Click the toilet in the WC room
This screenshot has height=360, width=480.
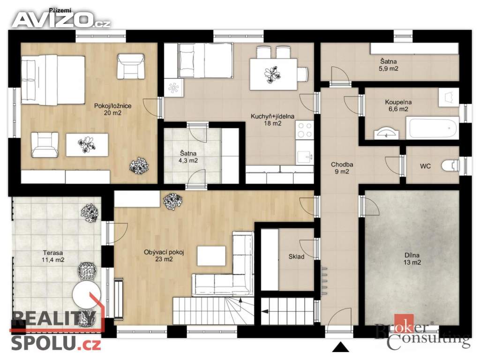(x=450, y=165)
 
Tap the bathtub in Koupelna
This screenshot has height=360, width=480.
(x=432, y=128)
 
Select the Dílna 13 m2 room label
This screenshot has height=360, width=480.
(x=412, y=259)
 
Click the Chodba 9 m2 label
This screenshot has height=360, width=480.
(x=342, y=168)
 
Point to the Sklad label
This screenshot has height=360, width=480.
(x=296, y=256)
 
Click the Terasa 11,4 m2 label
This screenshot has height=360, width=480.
(x=53, y=256)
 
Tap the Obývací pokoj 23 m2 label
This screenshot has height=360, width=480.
(x=164, y=255)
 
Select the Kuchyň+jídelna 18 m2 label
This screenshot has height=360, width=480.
(x=272, y=120)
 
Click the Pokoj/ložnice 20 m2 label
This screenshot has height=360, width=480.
(x=112, y=109)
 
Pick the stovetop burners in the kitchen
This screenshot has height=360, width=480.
(x=305, y=130)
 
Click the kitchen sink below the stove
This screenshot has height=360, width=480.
(x=305, y=157)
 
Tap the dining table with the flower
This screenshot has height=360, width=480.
(x=273, y=75)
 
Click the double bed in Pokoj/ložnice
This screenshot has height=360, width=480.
(x=52, y=80)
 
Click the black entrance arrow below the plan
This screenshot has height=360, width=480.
(x=340, y=347)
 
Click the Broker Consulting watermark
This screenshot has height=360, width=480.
(x=422, y=333)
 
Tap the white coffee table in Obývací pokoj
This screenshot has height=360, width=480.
(x=211, y=256)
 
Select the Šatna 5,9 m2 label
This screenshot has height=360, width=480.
(x=389, y=65)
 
